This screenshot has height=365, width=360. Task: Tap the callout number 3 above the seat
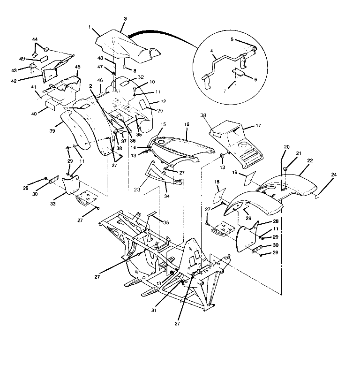125,18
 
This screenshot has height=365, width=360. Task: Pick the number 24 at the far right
334,188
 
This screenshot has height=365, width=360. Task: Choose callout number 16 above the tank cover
187,124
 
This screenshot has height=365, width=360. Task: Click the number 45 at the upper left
77,67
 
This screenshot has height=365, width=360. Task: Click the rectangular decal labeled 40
51,103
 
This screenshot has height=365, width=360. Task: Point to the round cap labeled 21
284,167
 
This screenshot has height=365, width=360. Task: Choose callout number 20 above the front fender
286,147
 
